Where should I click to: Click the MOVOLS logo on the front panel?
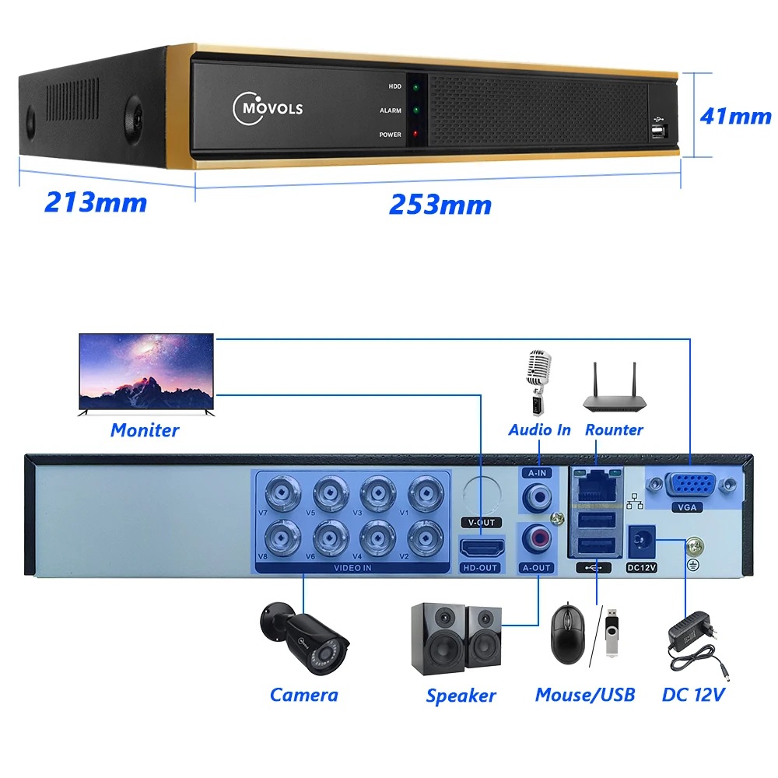pyautogui.click(x=268, y=106)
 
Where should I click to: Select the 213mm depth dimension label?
pyautogui.click(x=96, y=202)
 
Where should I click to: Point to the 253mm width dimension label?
pyautogui.click(x=440, y=205)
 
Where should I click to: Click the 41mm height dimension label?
pyautogui.click(x=735, y=116)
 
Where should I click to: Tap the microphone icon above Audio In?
pyautogui.click(x=538, y=382)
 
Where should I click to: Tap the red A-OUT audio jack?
pyautogui.click(x=538, y=537)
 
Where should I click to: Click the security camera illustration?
pyautogui.click(x=305, y=638)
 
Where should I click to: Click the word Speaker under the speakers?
pyautogui.click(x=461, y=696)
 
